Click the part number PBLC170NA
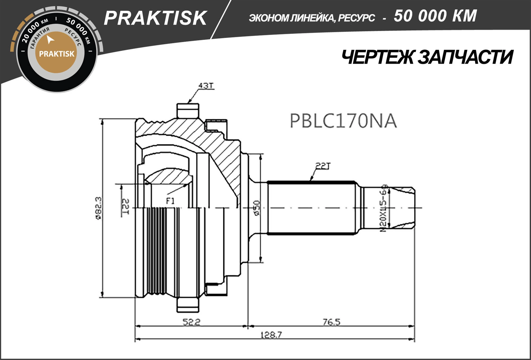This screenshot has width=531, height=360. tap(343, 121)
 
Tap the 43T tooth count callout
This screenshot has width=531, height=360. tap(206, 86)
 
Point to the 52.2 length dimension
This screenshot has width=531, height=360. tap(191, 322)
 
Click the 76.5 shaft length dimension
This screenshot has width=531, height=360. tap(332, 322)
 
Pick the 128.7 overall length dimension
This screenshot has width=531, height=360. tap(271, 335)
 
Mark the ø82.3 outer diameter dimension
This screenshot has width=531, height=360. tap(98, 208)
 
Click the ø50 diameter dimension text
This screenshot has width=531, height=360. tap(256, 208)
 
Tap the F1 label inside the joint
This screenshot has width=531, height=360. tap(170, 201)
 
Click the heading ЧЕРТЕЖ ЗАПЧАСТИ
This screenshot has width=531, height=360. tap(427, 57)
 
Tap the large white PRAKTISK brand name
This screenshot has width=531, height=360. tap(155, 18)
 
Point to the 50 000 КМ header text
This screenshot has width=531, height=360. tap(435, 16)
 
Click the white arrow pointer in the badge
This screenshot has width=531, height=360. tap(50, 40)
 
